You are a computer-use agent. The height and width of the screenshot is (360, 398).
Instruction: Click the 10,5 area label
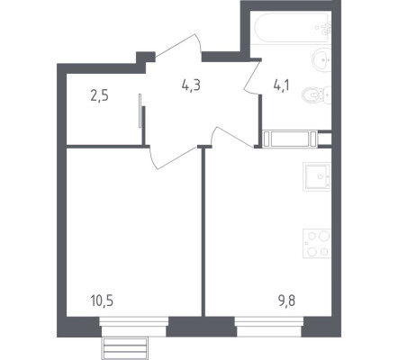click(x=102, y=301)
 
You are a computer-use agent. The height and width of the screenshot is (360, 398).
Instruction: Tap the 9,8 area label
click(x=286, y=301)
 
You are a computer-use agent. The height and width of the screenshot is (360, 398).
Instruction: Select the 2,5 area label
click(x=99, y=96)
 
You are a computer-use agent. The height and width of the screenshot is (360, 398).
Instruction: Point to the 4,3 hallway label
click(x=191, y=85)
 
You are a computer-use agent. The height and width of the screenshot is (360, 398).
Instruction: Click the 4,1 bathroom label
click(x=281, y=85)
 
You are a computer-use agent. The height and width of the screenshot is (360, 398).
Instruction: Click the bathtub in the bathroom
click(x=292, y=28)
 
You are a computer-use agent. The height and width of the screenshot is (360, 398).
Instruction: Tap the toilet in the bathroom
click(x=316, y=95)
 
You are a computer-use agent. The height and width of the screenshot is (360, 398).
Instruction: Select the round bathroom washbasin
click(x=321, y=60)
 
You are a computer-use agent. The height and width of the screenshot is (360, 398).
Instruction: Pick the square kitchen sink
click(x=317, y=176)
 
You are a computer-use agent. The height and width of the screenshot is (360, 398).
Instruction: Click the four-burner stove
click(x=317, y=243)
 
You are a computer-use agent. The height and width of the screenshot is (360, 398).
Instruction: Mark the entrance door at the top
click(x=179, y=48)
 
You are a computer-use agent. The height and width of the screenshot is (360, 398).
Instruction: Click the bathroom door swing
click(x=253, y=76)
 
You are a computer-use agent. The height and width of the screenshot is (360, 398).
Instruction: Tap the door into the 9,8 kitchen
click(x=231, y=137)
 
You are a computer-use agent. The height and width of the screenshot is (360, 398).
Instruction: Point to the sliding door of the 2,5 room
click(x=140, y=111)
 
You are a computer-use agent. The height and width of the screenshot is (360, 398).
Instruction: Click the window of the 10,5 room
click(x=134, y=327)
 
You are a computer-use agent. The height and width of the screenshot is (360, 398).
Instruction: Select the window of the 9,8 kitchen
click(x=269, y=327)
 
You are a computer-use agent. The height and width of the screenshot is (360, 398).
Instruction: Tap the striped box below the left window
click(x=125, y=348)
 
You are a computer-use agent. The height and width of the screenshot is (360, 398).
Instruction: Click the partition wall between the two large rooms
click(x=204, y=231)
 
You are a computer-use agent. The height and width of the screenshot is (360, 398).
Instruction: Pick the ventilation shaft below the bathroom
click(x=290, y=139)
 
